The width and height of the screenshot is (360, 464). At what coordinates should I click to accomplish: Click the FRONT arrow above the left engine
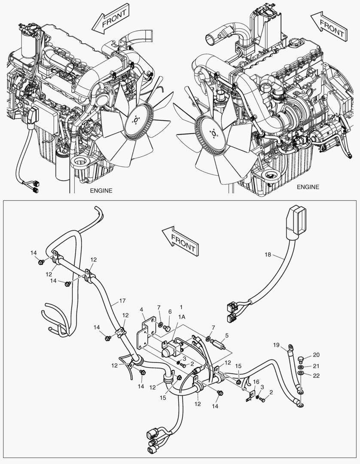tap(110, 19)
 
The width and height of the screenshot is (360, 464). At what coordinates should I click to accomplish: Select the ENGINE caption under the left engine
tap(101, 190)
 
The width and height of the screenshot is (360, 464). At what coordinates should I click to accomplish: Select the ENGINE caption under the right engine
tap(308, 187)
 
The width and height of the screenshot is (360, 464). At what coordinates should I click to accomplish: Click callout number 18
tap(268, 255)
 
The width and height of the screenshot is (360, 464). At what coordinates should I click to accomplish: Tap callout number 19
tap(277, 345)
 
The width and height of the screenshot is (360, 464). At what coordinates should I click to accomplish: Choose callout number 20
tap(316, 355)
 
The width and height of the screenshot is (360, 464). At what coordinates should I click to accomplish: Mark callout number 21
tap(316, 366)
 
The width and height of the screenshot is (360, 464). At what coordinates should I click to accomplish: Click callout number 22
tap(316, 376)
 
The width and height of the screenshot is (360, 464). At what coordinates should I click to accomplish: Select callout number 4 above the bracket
tap(141, 309)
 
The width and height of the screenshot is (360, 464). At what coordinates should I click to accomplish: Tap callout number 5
tap(227, 335)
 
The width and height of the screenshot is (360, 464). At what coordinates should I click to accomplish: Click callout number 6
tap(170, 311)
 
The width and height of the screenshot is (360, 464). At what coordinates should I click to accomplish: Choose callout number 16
tap(256, 382)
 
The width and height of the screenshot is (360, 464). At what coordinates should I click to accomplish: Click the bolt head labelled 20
tap(300, 358)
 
